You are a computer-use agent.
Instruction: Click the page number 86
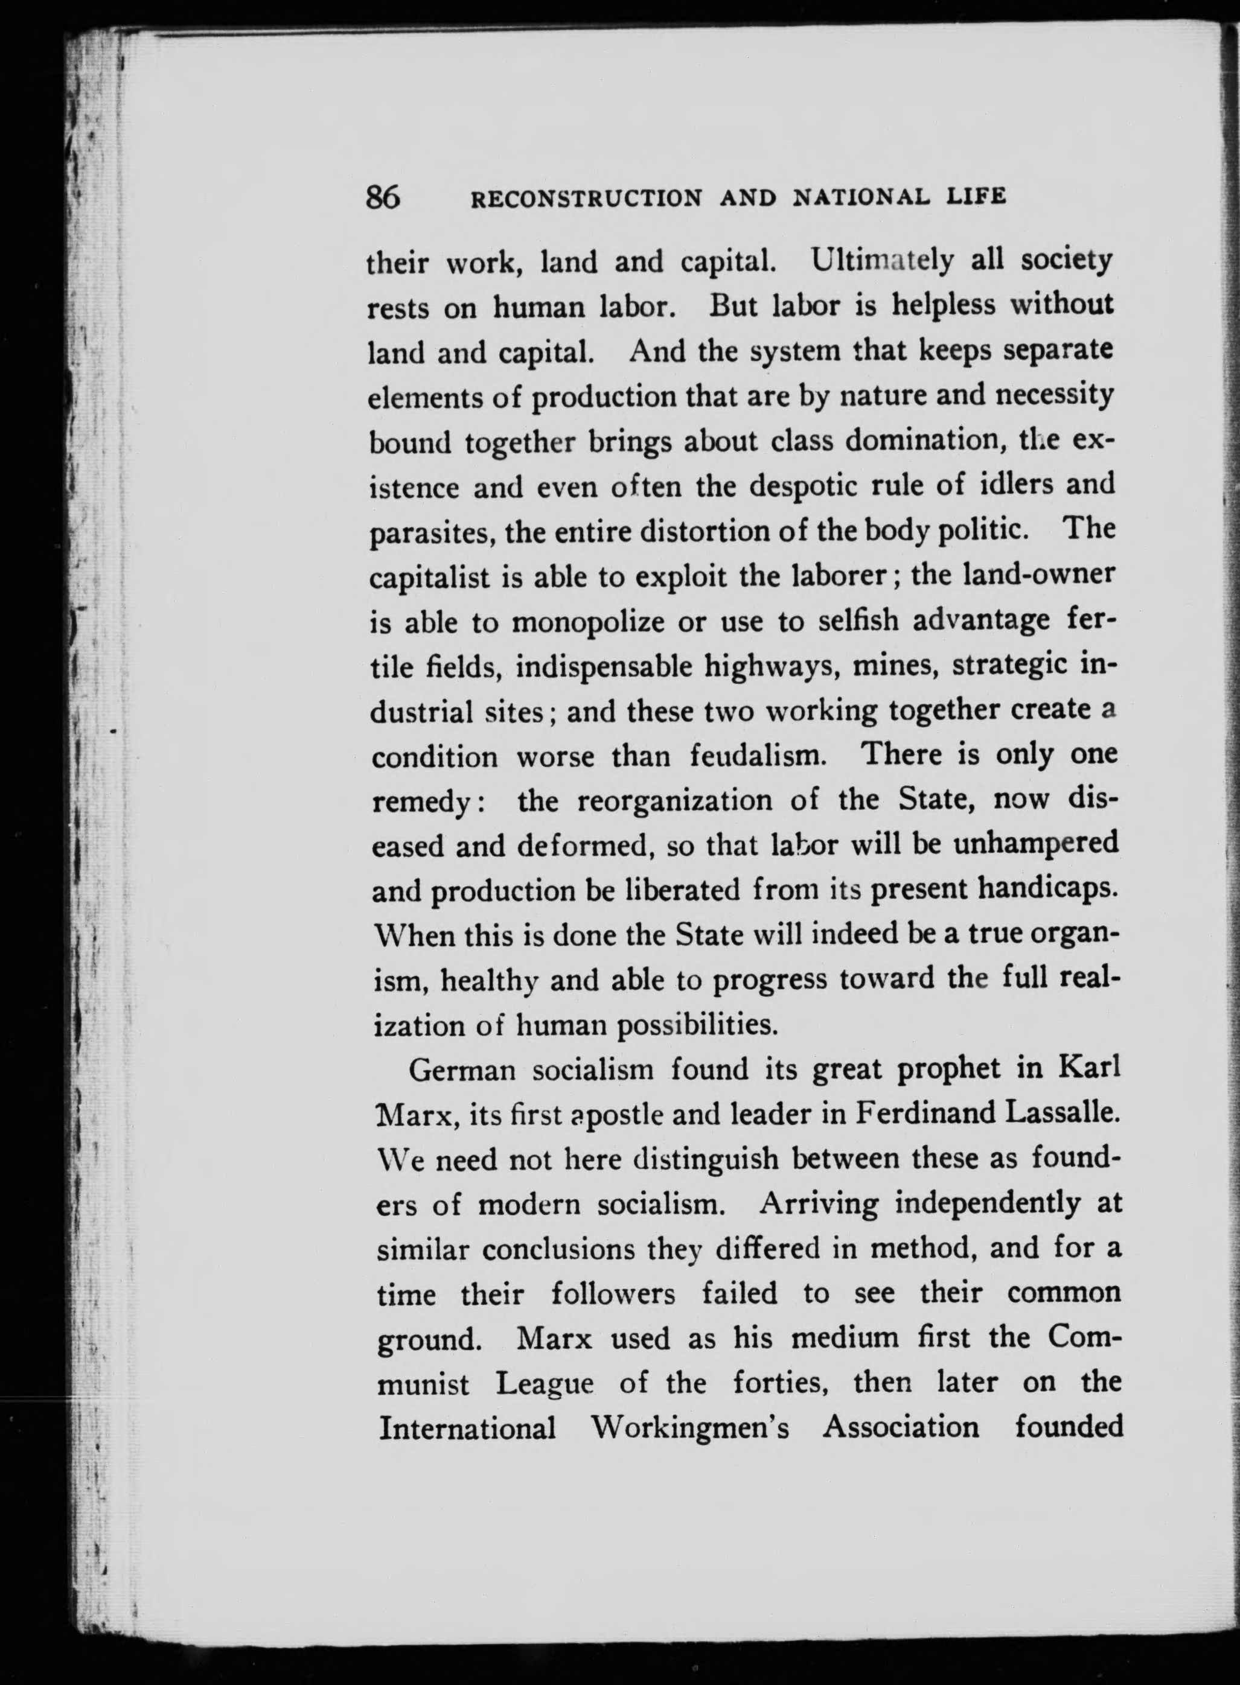point(383,197)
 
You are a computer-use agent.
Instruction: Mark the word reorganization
point(675,800)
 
